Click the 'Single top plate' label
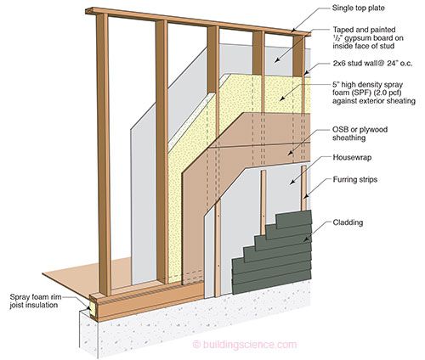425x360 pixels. tap(358, 8)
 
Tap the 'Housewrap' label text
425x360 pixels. tap(352, 157)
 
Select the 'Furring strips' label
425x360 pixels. tap(355, 179)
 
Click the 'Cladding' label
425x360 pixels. tap(348, 222)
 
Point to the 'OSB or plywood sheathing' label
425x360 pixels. tap(360, 133)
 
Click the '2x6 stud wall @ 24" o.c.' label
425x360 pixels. tap(372, 64)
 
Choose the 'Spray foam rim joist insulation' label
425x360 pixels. tap(36, 301)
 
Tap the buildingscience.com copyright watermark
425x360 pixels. tap(245, 345)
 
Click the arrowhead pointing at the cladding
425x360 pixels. tap(305, 239)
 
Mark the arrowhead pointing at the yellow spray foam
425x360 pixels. tap(281, 98)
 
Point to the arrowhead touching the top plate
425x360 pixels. tap(294, 29)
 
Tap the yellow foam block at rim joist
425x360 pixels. tap(93, 309)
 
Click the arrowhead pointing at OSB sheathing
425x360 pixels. tap(291, 153)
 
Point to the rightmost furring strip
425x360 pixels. tap(303, 188)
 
